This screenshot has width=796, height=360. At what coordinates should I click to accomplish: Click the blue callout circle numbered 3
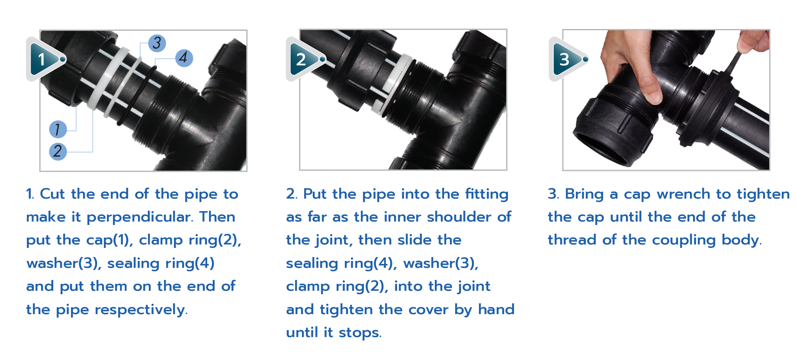[x=157, y=43]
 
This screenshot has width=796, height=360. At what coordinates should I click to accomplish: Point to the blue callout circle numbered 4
[x=184, y=58]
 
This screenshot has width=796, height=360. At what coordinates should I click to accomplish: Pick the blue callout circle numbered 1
[x=58, y=129]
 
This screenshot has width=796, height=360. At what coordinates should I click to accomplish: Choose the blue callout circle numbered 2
[x=58, y=151]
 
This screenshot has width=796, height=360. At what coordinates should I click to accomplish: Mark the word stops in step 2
[x=359, y=333]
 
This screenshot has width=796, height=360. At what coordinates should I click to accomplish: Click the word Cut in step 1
[x=52, y=194]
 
